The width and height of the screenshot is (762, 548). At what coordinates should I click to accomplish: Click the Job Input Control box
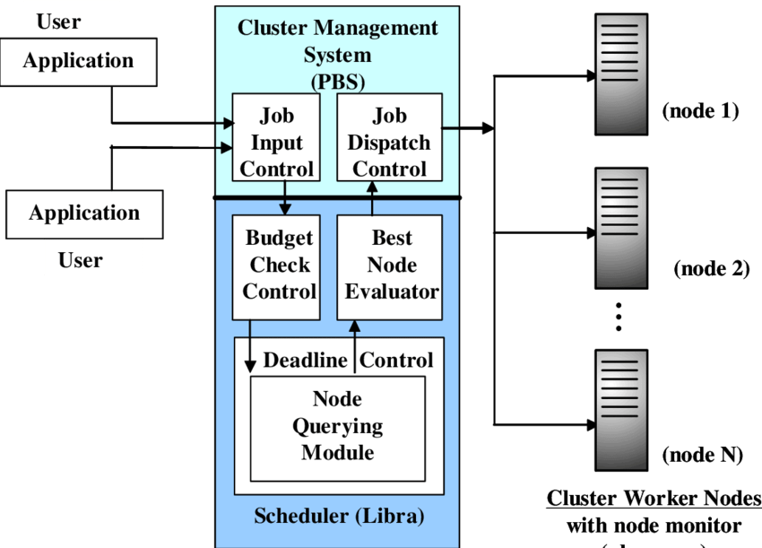click(x=276, y=143)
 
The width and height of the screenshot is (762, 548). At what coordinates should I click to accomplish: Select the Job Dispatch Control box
click(x=389, y=143)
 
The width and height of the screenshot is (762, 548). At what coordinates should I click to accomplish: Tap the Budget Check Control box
click(x=276, y=266)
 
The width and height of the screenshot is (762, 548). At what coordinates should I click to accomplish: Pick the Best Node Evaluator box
click(x=390, y=266)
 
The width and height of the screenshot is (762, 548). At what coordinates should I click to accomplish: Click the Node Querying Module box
click(x=337, y=427)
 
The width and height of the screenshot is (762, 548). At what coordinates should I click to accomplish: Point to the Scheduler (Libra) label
click(x=339, y=517)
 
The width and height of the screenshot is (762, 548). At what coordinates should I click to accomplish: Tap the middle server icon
click(x=621, y=228)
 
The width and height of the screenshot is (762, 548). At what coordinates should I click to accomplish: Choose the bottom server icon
click(x=621, y=410)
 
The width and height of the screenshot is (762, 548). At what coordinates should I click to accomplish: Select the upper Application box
click(x=78, y=62)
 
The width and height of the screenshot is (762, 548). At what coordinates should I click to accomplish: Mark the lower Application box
click(x=84, y=213)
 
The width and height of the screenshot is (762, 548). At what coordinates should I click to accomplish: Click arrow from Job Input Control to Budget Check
click(x=285, y=197)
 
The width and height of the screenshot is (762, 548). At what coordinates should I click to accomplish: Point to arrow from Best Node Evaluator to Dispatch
click(x=372, y=197)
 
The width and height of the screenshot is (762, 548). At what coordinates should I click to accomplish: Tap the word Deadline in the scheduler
click(x=305, y=361)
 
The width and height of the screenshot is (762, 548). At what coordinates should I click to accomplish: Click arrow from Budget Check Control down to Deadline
click(x=250, y=346)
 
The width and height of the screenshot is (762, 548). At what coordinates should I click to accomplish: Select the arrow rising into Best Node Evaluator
click(x=354, y=341)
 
